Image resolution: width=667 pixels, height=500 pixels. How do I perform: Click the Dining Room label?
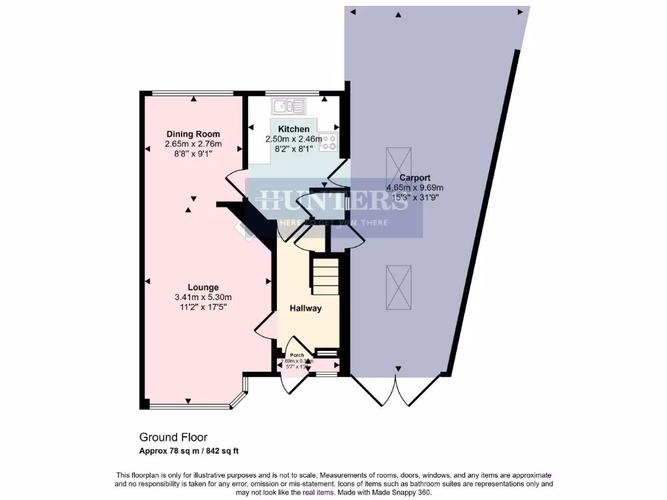pos(193,134)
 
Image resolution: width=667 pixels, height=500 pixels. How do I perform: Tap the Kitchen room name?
pos(294,129)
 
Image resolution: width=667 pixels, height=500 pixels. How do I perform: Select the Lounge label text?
pos(203,287)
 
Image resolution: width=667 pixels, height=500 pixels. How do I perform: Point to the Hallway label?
pos(306,308)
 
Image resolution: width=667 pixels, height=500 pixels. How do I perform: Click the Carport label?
pos(415,178)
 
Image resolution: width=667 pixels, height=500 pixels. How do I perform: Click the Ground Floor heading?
pos(173,437)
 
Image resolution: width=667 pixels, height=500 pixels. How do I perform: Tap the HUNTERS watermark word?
pos(333,202)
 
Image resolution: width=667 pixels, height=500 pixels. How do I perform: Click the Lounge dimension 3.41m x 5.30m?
pos(203,297)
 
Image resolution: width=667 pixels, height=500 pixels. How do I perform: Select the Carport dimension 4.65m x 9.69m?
pos(415,187)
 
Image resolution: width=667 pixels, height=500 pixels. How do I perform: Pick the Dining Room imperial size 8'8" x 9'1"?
pos(193,154)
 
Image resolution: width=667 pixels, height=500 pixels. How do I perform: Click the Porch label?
pos(297,355)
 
